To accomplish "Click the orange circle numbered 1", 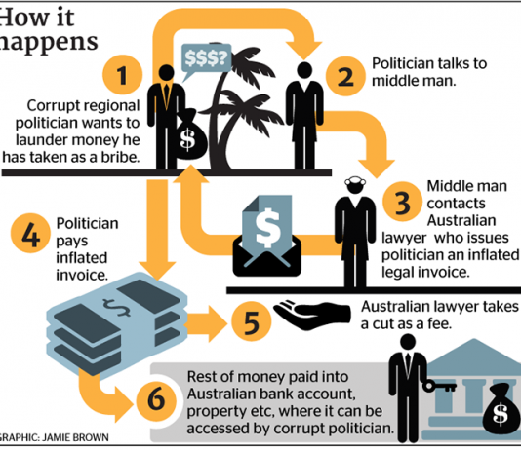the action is point(123,75).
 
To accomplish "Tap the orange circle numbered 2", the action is point(345,76).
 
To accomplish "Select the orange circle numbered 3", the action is point(402,202).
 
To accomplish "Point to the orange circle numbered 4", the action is point(30,234).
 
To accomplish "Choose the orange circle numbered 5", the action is point(252,321).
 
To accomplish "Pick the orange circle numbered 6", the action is point(156,398).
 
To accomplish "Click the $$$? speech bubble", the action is point(206,60).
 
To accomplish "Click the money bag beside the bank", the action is point(501,408).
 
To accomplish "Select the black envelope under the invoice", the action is point(267,255).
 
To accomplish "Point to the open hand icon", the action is point(311,315).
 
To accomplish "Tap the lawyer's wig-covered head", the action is point(355,185).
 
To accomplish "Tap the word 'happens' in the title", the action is point(48,43).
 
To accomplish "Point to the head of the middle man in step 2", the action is point(304,70).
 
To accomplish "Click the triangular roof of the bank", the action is point(474,352).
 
